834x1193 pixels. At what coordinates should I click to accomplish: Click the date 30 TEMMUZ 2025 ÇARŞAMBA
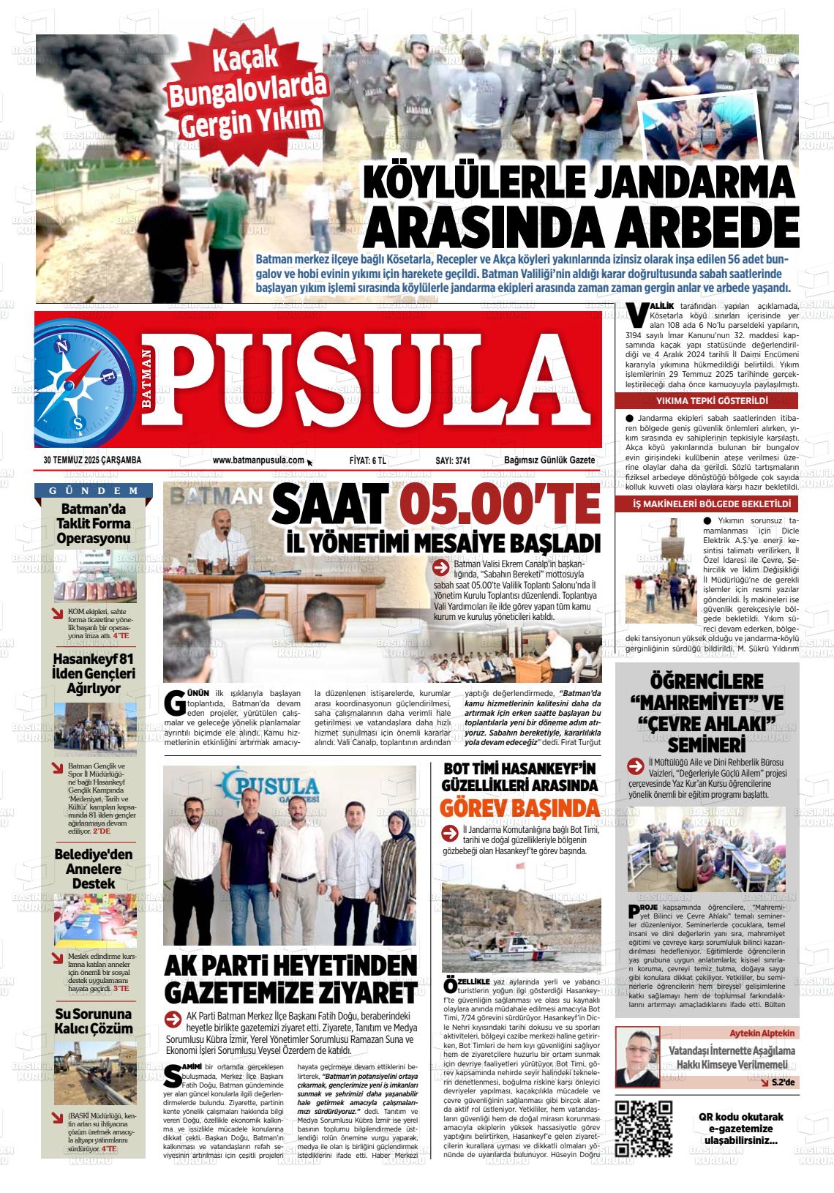pyautogui.click(x=92, y=460)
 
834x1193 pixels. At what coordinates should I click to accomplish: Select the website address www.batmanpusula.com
pyautogui.click(x=258, y=460)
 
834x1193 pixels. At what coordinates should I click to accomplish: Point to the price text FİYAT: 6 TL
pyautogui.click(x=368, y=460)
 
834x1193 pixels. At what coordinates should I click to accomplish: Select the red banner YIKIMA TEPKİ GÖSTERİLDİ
pyautogui.click(x=707, y=402)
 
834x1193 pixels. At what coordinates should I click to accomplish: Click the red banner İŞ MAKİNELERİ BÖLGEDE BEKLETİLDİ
pyautogui.click(x=707, y=504)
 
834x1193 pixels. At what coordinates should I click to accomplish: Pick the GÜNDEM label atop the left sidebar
pyautogui.click(x=94, y=490)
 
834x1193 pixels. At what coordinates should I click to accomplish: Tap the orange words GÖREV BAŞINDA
pyautogui.click(x=520, y=808)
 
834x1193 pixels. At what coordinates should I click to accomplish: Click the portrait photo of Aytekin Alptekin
pyautogui.click(x=637, y=1057)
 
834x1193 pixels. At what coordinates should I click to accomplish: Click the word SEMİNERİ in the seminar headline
pyautogui.click(x=706, y=746)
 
